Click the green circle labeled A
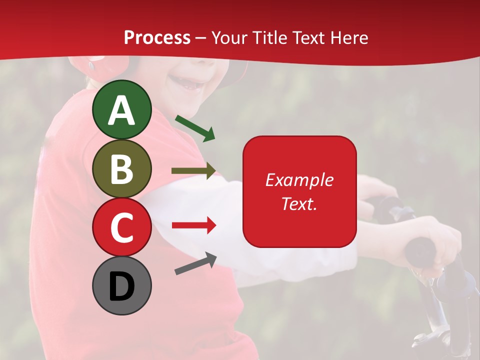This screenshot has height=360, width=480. [x=121, y=109]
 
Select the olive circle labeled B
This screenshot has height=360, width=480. [x=121, y=168]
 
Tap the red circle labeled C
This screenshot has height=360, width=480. [x=121, y=227]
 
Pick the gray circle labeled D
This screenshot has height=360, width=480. [x=121, y=285]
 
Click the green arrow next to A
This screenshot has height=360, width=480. [x=195, y=128]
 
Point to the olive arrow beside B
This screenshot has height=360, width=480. [x=193, y=170]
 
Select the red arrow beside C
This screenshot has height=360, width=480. [x=193, y=225]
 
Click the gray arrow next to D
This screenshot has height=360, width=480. [x=195, y=263]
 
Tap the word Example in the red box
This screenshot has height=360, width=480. [x=299, y=180]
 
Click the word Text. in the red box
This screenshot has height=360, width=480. [x=299, y=203]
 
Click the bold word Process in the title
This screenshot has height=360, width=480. [x=157, y=38]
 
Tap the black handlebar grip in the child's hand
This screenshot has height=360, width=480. [x=420, y=250]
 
